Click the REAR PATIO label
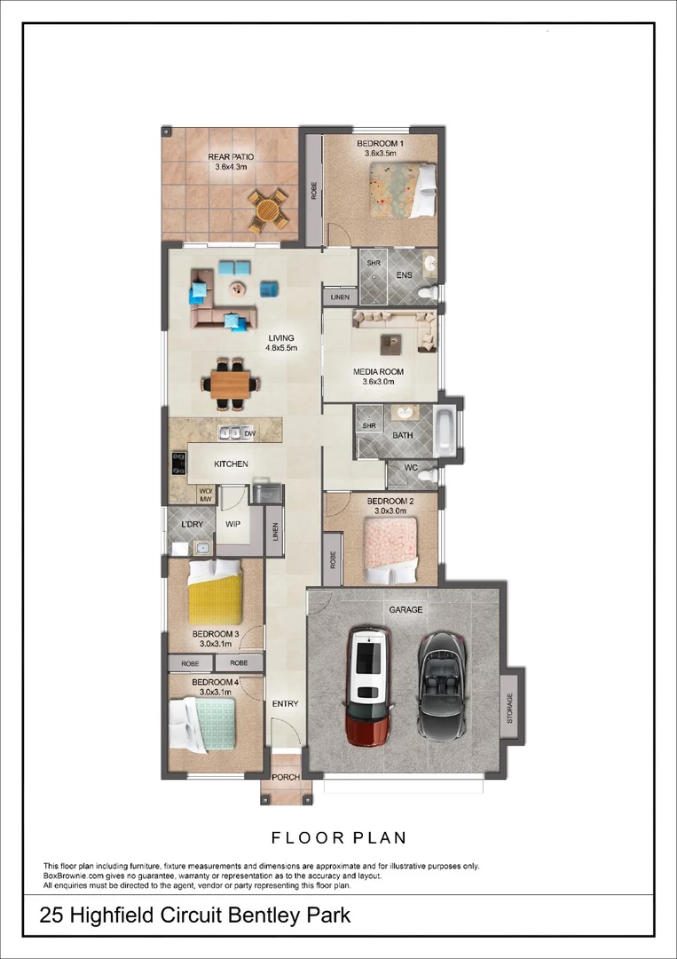pyautogui.click(x=231, y=157)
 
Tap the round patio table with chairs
pyautogui.click(x=267, y=210)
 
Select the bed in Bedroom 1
pyautogui.click(x=403, y=188)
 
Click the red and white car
pyautogui.click(x=367, y=685)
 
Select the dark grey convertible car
pyautogui.click(x=441, y=685)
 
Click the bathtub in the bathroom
pyautogui.click(x=446, y=432)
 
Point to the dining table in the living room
pyautogui.click(x=231, y=384)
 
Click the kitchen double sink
pyautogui.click(x=230, y=433)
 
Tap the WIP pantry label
pyautogui.click(x=233, y=524)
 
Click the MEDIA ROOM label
pyautogui.click(x=379, y=371)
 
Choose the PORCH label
pyautogui.click(x=286, y=777)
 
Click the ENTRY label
pyautogui.click(x=286, y=704)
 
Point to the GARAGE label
pyautogui.click(x=405, y=610)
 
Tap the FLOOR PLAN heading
pyautogui.click(x=338, y=836)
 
